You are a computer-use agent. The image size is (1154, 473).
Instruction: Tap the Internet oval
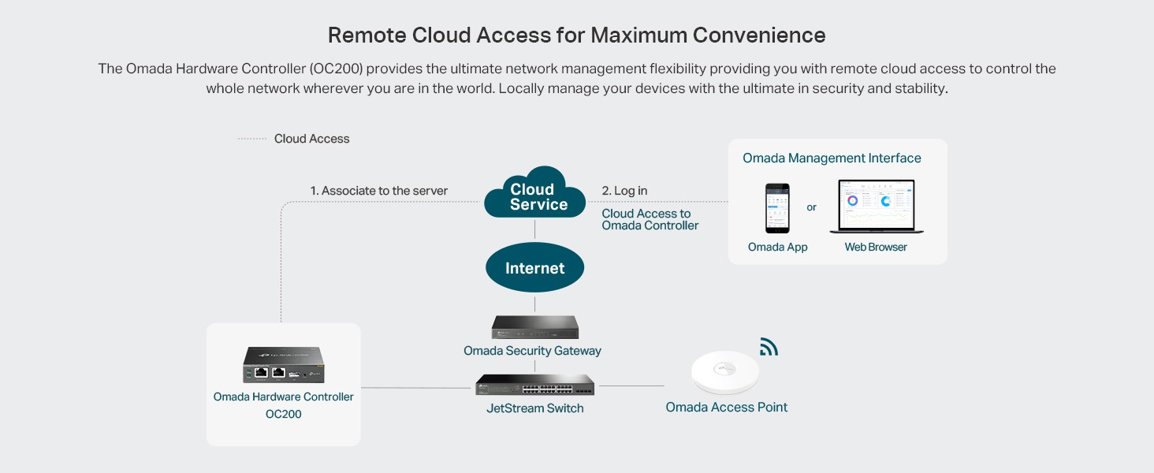[x=535, y=268]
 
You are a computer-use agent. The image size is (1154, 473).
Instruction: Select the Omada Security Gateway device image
[x=535, y=326]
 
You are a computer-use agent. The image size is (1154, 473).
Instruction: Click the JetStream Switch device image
[x=535, y=384]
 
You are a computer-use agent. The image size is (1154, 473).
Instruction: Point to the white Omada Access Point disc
[x=725, y=372]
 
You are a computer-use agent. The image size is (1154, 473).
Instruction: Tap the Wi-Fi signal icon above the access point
[x=769, y=347]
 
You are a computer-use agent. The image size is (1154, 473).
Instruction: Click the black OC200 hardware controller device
[x=284, y=365]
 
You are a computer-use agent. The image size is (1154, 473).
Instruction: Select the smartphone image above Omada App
[x=777, y=208]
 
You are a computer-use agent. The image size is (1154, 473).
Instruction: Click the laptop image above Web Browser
[x=876, y=207]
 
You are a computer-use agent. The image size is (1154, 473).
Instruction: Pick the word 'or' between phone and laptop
[x=811, y=207]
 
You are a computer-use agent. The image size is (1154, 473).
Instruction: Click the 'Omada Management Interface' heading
[x=832, y=158]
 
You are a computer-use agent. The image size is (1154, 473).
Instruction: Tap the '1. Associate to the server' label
[x=378, y=191]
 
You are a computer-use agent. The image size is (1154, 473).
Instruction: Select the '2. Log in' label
[x=624, y=191]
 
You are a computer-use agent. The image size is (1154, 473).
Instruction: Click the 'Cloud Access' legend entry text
[x=311, y=139]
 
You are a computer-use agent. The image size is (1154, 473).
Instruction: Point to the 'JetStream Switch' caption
[x=535, y=408]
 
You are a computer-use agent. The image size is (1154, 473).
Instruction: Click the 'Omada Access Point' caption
[x=726, y=408]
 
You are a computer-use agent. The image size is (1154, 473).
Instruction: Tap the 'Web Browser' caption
[x=876, y=247]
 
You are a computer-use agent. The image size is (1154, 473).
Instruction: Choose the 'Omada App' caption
[x=777, y=247]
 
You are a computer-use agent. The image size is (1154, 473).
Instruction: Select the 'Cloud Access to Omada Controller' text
[x=650, y=219]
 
